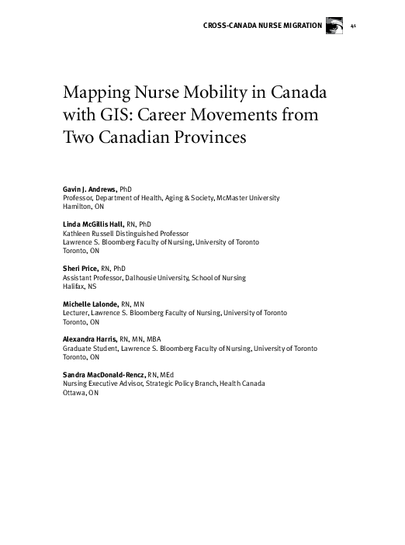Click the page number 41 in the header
pyautogui.click(x=354, y=26)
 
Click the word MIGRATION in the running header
pyautogui.click(x=299, y=26)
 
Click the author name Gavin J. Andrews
pyautogui.click(x=89, y=189)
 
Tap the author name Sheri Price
pyautogui.click(x=81, y=268)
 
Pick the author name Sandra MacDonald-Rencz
pyautogui.click(x=101, y=375)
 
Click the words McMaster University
pyautogui.click(x=248, y=199)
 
